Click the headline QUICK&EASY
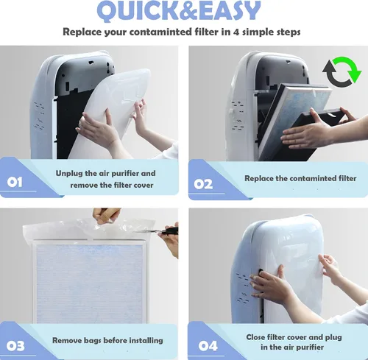(x=179, y=11)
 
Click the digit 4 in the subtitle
(x=236, y=32)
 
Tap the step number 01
(x=15, y=182)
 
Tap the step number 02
(x=203, y=185)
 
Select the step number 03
(x=15, y=346)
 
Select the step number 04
(x=208, y=346)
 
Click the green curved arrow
(x=349, y=68)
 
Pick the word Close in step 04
(x=255, y=337)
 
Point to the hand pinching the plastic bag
(x=107, y=216)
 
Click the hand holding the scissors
(x=170, y=241)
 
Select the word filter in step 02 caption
(x=347, y=178)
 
